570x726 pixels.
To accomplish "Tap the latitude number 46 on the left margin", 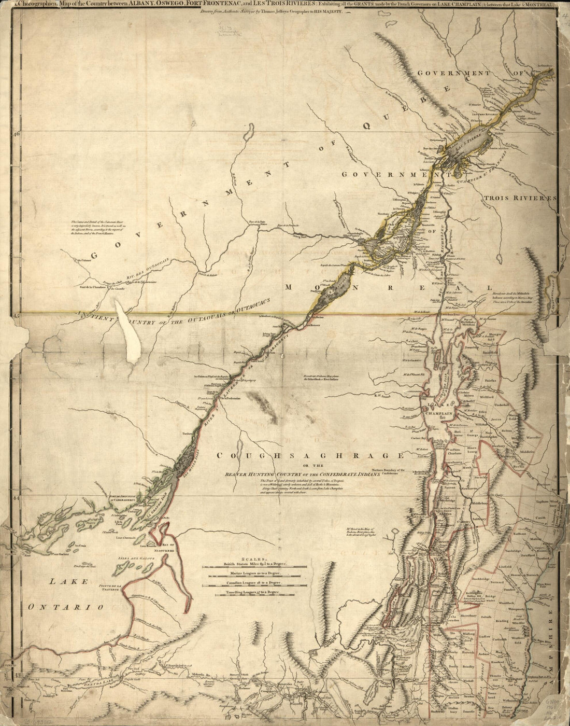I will (16, 133).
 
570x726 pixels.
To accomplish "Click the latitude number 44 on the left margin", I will (16, 497).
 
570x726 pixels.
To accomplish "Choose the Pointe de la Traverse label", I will (111, 588).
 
